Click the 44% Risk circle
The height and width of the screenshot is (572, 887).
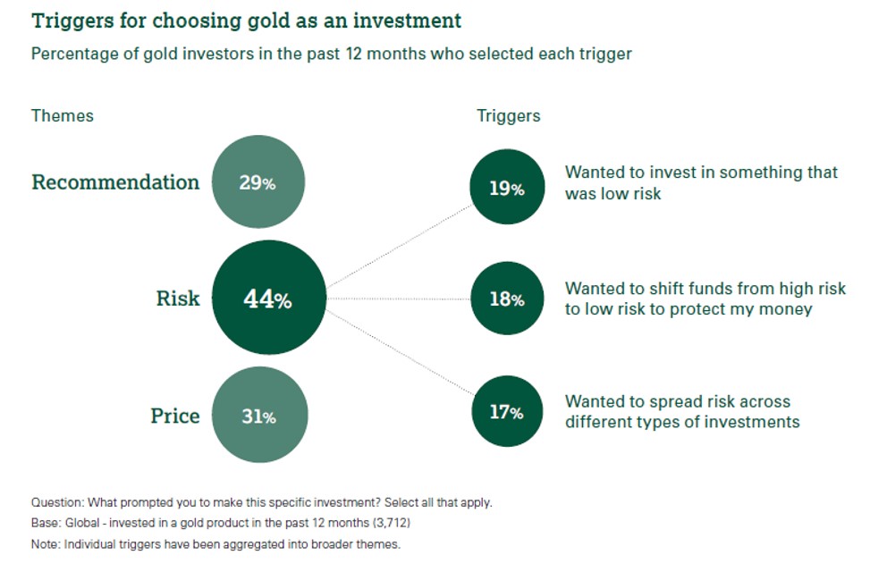point(269,298)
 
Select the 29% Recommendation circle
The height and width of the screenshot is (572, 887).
point(258,181)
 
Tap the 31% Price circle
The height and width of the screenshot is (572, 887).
point(259,415)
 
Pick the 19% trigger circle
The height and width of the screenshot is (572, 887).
point(507,187)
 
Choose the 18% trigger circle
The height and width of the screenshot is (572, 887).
point(507,298)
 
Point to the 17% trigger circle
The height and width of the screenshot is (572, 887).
point(507,411)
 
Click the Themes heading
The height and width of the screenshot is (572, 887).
point(63,116)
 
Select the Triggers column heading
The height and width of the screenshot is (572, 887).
point(509,116)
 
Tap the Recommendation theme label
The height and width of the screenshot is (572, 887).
point(115,182)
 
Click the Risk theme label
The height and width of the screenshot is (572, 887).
point(178,299)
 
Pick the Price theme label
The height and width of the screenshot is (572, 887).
point(174,416)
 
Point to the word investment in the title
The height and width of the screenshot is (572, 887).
point(408,21)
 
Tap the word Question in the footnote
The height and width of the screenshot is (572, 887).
point(57,502)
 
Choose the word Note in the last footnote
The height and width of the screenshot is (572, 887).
point(45,544)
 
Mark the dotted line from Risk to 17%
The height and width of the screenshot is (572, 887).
point(400,351)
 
